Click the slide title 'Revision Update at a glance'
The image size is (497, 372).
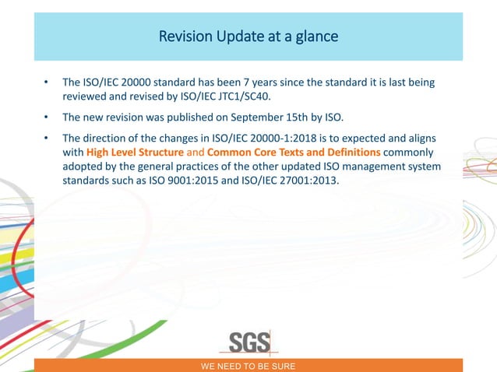click(x=248, y=37)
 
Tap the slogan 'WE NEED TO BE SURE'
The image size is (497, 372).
click(x=248, y=366)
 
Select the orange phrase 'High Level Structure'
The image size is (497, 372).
click(x=135, y=152)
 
